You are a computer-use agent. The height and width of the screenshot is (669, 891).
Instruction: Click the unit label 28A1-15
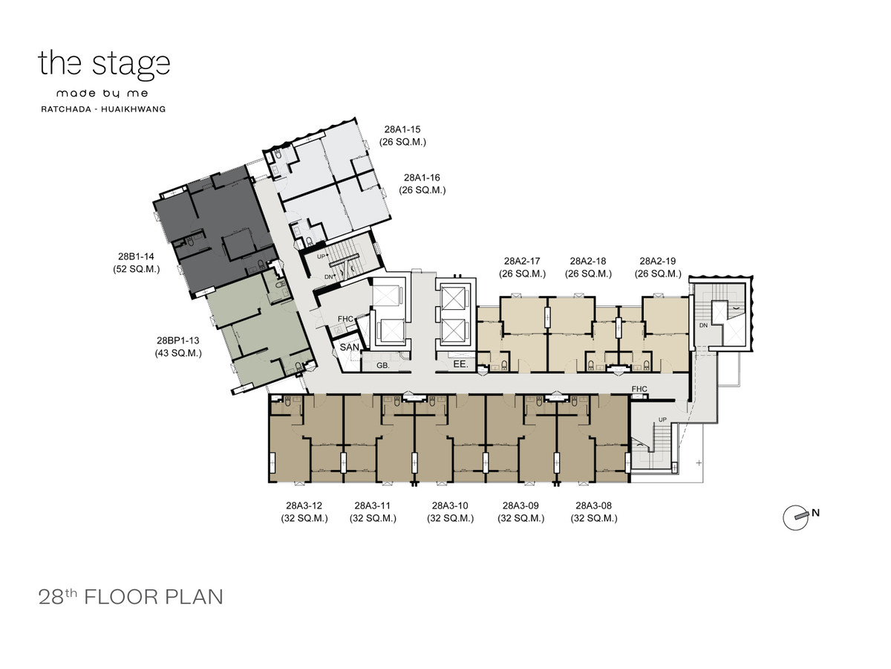click(x=402, y=129)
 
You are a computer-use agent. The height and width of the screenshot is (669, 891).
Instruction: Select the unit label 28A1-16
click(x=422, y=178)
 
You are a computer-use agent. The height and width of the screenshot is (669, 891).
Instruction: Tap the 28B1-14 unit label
click(x=136, y=256)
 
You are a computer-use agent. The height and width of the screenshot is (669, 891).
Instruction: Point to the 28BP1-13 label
click(x=177, y=340)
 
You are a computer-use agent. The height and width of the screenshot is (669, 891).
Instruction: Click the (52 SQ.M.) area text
click(x=137, y=269)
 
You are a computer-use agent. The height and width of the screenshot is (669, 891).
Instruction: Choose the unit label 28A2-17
click(x=522, y=261)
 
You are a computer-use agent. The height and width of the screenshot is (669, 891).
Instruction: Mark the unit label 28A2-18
click(x=588, y=261)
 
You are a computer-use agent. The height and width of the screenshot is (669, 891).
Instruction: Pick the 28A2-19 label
click(x=658, y=261)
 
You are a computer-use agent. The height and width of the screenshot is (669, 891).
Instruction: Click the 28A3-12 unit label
click(x=304, y=505)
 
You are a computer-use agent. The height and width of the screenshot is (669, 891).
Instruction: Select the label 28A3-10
click(x=450, y=505)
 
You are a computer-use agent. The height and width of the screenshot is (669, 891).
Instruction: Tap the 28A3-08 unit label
click(x=593, y=505)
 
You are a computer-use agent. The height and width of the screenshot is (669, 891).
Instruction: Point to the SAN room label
click(x=350, y=347)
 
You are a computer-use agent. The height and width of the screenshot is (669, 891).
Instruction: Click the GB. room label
click(x=383, y=366)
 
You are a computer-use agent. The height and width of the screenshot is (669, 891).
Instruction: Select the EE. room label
click(x=461, y=364)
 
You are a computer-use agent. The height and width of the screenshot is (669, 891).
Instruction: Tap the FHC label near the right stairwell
click(x=639, y=389)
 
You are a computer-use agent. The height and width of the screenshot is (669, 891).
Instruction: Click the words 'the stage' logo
click(x=104, y=65)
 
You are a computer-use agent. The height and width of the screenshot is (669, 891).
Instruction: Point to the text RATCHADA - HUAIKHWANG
click(x=103, y=109)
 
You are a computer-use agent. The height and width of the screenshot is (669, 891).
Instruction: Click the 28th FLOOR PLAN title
click(x=131, y=597)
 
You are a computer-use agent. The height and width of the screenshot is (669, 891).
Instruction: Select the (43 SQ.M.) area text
click(x=178, y=353)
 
